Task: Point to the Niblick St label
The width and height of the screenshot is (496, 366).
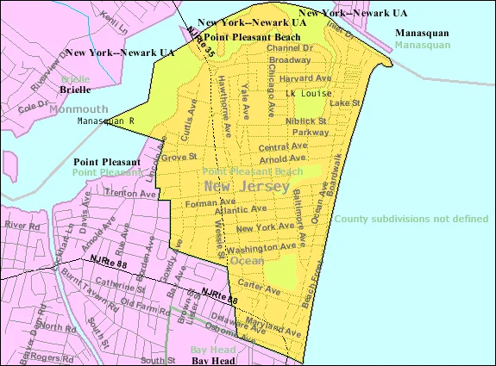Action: coord(308,121)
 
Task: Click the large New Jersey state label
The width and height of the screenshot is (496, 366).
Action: coord(242,186)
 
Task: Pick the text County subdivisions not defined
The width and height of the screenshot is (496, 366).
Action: coord(411,219)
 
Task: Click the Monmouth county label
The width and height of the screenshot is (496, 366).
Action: coord(78,109)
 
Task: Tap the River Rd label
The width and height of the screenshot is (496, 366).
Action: coord(17,225)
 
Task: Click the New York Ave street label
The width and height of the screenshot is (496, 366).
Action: coord(264,227)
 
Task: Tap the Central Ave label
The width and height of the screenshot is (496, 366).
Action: coord(276,147)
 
